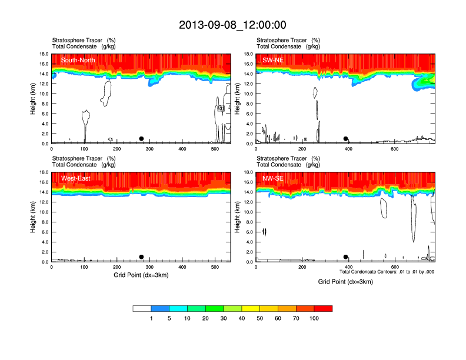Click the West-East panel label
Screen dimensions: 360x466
[x=76, y=178]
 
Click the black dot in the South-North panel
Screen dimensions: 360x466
[x=141, y=139]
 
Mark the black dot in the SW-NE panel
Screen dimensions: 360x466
[x=346, y=139]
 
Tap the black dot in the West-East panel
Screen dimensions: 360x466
[x=141, y=257]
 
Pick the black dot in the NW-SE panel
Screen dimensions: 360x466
[x=346, y=257]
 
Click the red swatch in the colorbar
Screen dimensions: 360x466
[x=323, y=308]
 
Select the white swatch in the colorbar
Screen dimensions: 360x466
[x=142, y=308]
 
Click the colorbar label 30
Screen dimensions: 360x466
[x=224, y=318]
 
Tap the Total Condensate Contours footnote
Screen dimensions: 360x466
[x=387, y=272]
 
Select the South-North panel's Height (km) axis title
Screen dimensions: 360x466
[x=34, y=99]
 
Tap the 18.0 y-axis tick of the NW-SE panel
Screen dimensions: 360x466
[x=248, y=172]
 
